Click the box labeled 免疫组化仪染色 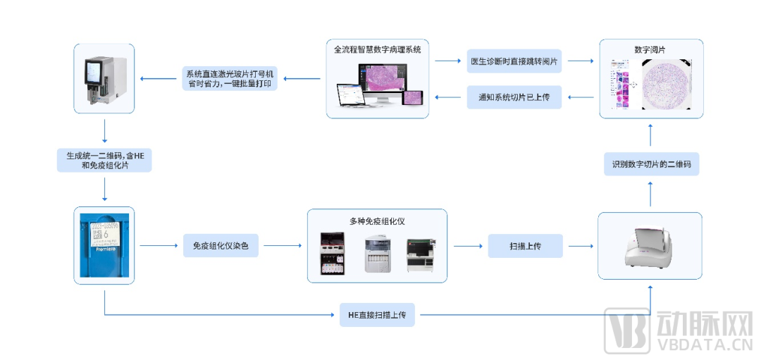coord(221,246)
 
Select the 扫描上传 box coord(526,246)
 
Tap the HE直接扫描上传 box coord(378,314)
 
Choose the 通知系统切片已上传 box coord(514,97)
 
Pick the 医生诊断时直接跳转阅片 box coord(514,61)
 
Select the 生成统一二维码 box coord(104,160)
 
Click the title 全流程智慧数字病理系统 coord(377,50)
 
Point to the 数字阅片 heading coord(650,51)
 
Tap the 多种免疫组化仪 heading coord(377,221)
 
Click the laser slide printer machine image coord(105,80)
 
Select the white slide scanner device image coord(650,250)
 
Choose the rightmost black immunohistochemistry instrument coord(421,254)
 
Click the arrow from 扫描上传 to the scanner coord(580,246)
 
